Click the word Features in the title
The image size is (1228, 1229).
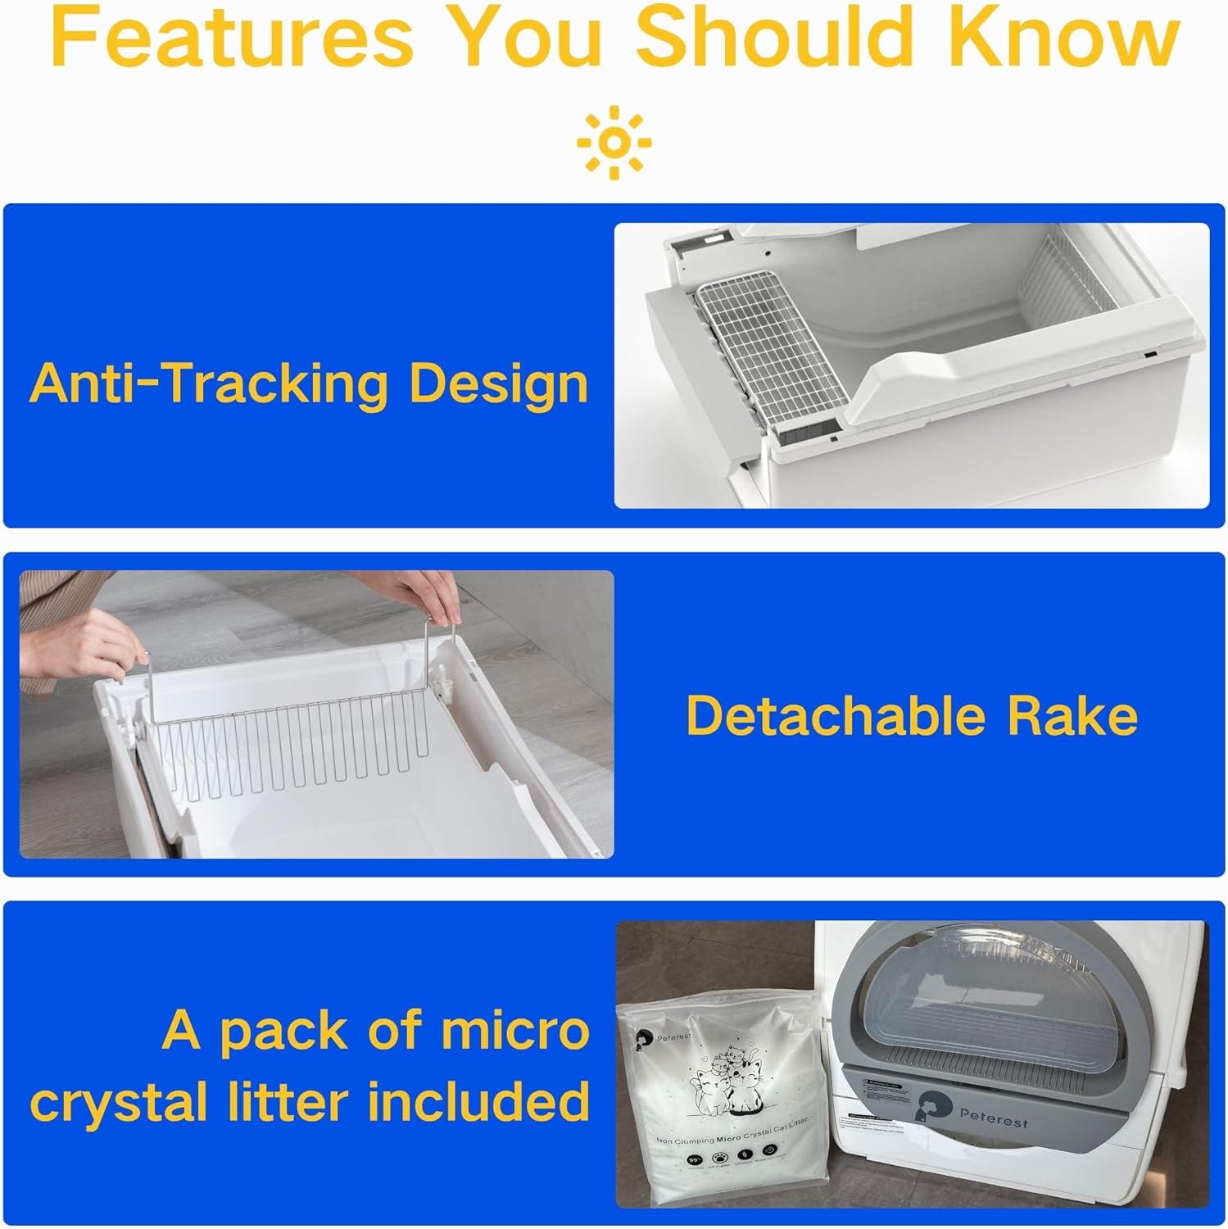click(x=232, y=39)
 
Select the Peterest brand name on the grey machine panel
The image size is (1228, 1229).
click(x=993, y=1119)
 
